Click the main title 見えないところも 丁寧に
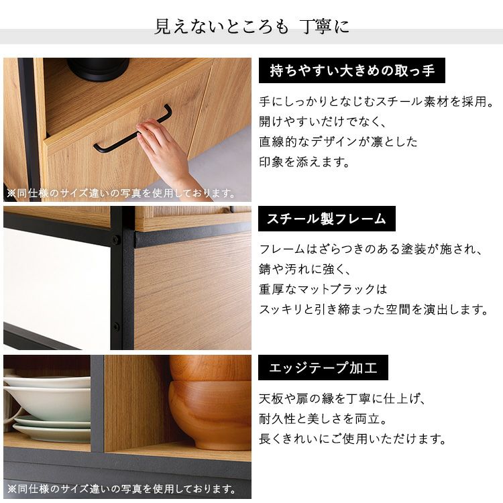(x=251, y=26)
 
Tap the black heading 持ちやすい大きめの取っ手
(x=352, y=70)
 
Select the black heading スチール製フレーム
(x=327, y=219)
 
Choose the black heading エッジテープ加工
(x=323, y=368)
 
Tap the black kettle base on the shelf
(x=98, y=69)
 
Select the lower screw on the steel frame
(x=115, y=327)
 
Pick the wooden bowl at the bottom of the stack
(x=210, y=414)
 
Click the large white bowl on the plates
(x=48, y=403)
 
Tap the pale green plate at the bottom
(x=52, y=433)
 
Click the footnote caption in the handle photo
(x=121, y=193)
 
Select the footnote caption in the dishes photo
(x=121, y=489)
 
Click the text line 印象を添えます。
(x=304, y=162)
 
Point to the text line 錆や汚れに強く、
(x=304, y=270)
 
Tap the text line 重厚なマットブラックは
(x=323, y=289)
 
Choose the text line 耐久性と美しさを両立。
(x=323, y=418)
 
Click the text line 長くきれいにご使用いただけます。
(x=353, y=439)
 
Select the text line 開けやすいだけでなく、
(x=323, y=121)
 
